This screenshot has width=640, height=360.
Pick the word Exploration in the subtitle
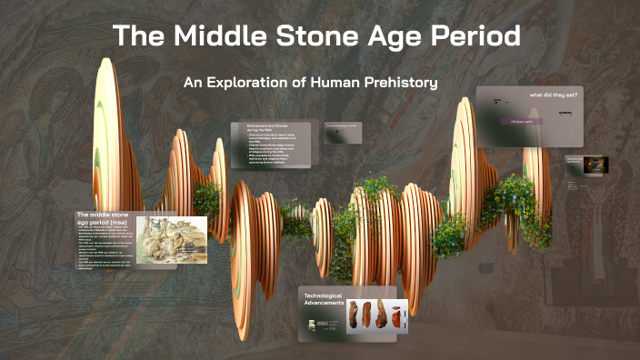click(254, 83)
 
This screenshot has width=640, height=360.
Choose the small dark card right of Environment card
click(344, 134)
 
